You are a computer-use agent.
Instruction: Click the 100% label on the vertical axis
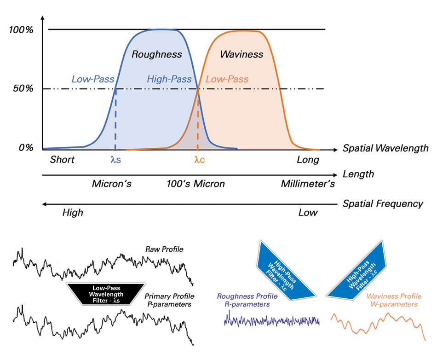(x=21, y=30)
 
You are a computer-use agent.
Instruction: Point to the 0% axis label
(x=25, y=148)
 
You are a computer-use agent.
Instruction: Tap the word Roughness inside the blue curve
(x=157, y=54)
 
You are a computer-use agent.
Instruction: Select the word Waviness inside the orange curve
(x=241, y=54)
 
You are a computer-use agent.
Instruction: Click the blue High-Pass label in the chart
(x=169, y=79)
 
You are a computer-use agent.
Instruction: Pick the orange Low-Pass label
(x=227, y=79)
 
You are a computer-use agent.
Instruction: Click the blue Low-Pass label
(x=92, y=79)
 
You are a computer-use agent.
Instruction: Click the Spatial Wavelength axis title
(x=385, y=148)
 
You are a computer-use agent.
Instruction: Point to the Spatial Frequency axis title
(x=383, y=203)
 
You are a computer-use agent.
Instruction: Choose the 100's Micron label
(x=196, y=184)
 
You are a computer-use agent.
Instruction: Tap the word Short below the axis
(x=62, y=160)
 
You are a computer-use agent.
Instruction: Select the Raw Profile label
(x=164, y=250)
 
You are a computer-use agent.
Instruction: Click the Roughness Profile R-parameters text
(x=247, y=300)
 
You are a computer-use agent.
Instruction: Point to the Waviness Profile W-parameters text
(x=392, y=300)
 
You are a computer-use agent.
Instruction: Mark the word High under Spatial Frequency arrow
(x=73, y=213)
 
